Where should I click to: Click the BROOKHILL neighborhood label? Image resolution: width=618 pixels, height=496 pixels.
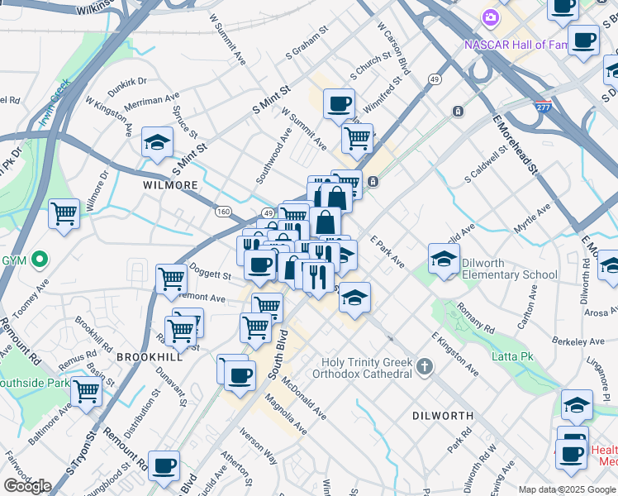tap(148, 356)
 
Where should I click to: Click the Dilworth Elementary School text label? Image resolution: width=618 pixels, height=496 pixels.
tap(510, 269)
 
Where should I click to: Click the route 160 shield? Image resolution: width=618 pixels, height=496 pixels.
tap(223, 211)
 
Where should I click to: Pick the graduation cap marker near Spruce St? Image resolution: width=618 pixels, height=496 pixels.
tap(157, 143)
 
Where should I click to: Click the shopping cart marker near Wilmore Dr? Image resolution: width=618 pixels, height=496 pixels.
tap(64, 214)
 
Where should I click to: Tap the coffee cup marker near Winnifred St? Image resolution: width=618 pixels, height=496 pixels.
tap(339, 104)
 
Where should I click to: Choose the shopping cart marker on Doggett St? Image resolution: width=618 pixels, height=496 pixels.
tap(171, 279)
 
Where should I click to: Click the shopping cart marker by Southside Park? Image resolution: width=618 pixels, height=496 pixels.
tap(86, 392)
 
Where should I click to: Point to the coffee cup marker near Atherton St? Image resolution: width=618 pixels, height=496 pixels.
tap(164, 465)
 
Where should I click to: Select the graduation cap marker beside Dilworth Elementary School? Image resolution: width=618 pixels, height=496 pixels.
tap(444, 259)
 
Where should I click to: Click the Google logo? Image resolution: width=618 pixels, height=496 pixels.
tap(27, 486)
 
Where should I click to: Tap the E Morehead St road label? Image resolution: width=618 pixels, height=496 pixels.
tap(516, 145)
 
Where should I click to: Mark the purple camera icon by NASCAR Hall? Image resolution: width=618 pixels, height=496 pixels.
tap(491, 17)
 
